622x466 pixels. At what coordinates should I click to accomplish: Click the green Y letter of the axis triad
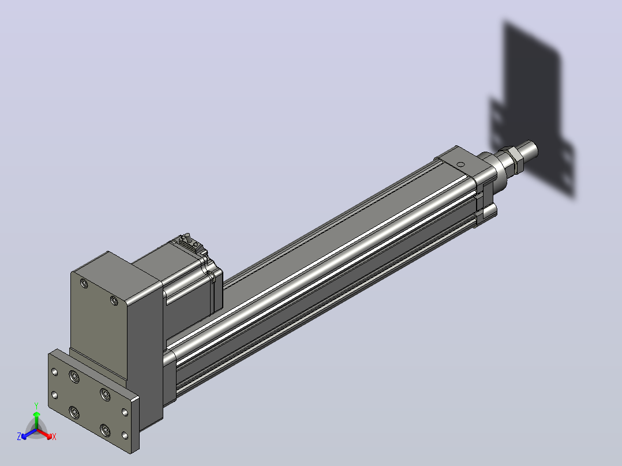[x=36, y=405]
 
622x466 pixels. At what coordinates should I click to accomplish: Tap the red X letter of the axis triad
[x=54, y=437]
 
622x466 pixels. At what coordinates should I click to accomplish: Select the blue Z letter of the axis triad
[x=19, y=436]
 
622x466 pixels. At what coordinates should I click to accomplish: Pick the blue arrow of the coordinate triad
[x=29, y=434]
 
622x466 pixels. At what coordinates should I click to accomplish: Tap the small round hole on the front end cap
[x=460, y=164]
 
